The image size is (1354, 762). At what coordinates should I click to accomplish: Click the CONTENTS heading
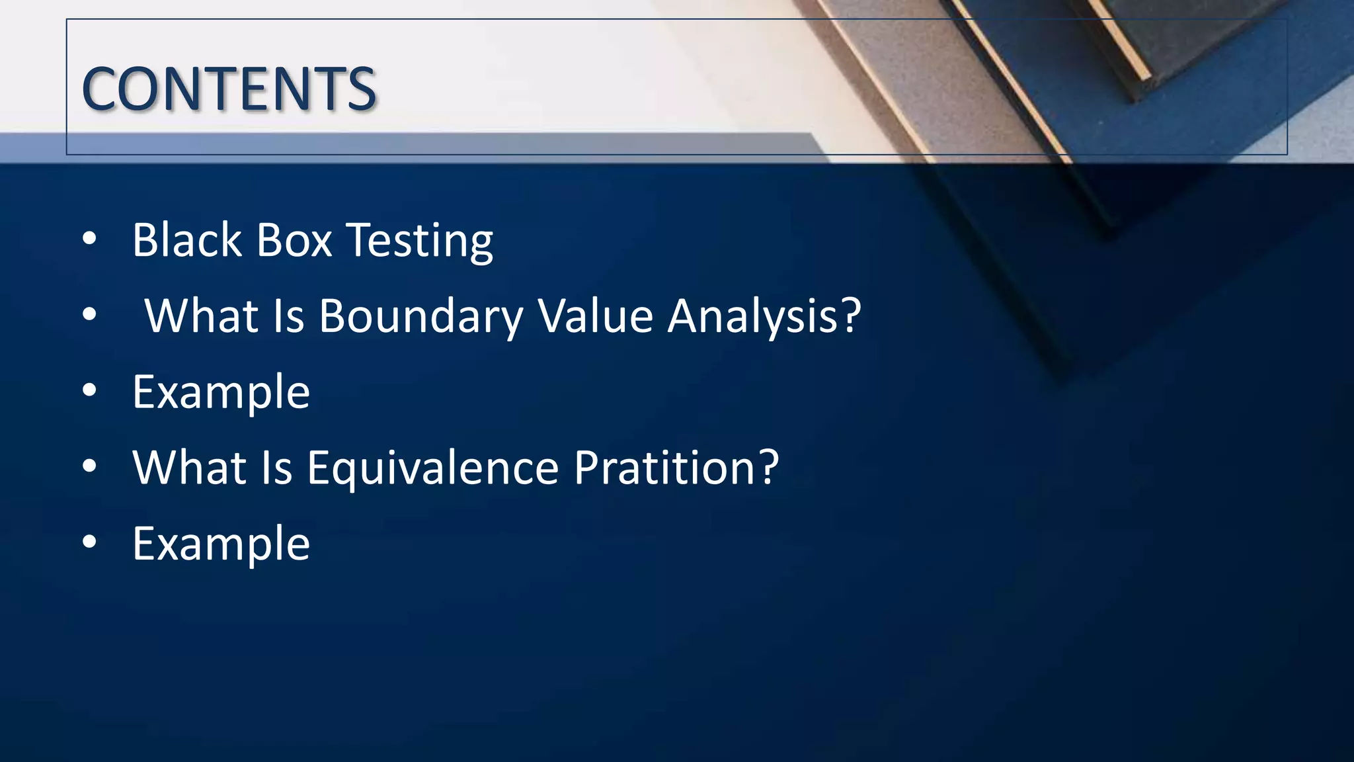(x=229, y=89)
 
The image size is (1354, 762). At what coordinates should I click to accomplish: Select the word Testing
(x=420, y=241)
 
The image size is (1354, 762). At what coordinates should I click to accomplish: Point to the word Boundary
(x=421, y=316)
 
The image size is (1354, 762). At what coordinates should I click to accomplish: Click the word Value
(x=596, y=316)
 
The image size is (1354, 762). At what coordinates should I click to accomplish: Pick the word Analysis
(x=754, y=316)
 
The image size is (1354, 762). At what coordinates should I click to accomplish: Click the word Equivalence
(x=433, y=468)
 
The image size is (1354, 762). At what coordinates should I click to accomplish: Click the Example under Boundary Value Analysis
(x=221, y=392)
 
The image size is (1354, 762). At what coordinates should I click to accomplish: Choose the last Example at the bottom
(x=221, y=544)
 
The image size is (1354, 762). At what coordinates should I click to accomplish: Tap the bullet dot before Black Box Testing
(x=89, y=239)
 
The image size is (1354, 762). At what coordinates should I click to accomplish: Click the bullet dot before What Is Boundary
(x=89, y=315)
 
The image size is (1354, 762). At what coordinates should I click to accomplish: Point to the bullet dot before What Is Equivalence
(x=89, y=467)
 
